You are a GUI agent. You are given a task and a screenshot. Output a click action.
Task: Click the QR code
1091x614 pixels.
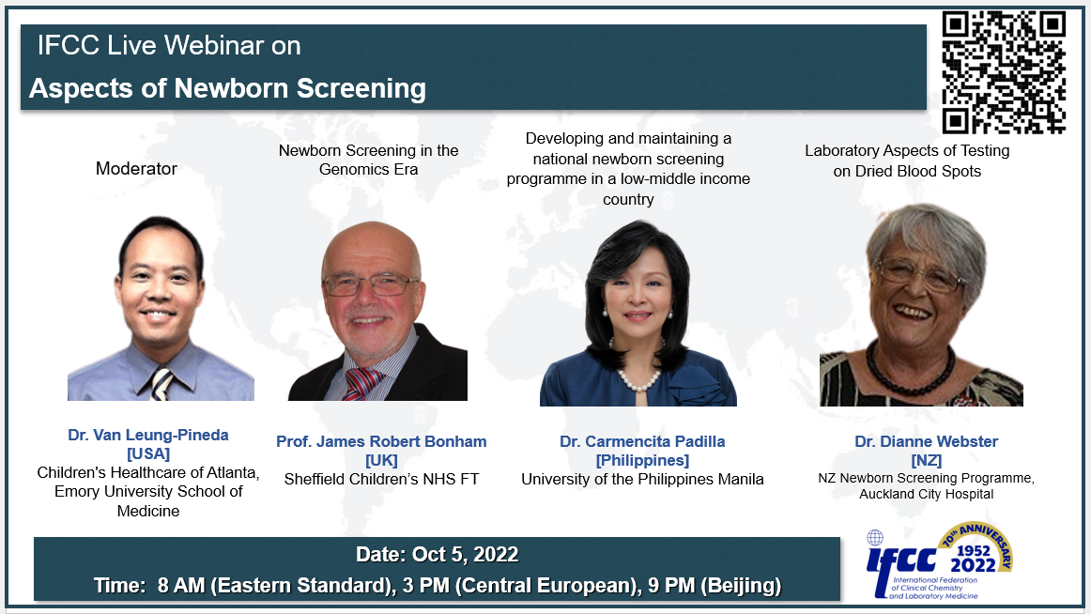(x=1004, y=71)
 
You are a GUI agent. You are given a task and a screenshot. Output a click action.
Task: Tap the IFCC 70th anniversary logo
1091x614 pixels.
(x=939, y=560)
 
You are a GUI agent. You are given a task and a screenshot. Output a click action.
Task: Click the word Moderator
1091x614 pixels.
(x=136, y=168)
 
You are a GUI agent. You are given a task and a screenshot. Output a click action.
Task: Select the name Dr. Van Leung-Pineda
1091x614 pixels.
(x=148, y=435)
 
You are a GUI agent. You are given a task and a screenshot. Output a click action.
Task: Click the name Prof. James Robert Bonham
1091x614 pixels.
(x=381, y=441)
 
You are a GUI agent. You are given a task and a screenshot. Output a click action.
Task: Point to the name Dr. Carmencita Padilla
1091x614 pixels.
(x=642, y=441)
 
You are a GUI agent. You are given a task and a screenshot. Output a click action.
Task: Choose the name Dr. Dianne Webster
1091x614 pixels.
(x=926, y=441)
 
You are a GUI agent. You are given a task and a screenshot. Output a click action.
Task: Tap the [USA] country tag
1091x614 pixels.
(x=148, y=453)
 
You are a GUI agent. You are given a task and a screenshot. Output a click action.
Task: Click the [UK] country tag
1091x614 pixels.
(x=381, y=460)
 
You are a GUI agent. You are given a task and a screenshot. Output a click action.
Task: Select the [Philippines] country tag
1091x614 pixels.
(x=642, y=460)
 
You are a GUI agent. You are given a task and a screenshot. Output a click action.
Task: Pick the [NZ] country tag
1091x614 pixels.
(x=926, y=460)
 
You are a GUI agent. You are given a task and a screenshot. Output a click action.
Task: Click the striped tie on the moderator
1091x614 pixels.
(x=162, y=385)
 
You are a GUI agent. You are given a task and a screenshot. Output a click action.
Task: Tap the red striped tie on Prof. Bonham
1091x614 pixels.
(x=361, y=384)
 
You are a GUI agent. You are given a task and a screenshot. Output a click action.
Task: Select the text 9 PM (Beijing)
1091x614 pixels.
(x=715, y=586)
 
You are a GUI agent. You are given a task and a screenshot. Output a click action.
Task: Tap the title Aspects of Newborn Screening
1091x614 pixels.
(x=227, y=88)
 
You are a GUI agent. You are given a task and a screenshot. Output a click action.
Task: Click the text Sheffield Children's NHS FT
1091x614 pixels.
(x=381, y=479)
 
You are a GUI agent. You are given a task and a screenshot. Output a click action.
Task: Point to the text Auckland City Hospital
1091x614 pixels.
(x=926, y=495)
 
